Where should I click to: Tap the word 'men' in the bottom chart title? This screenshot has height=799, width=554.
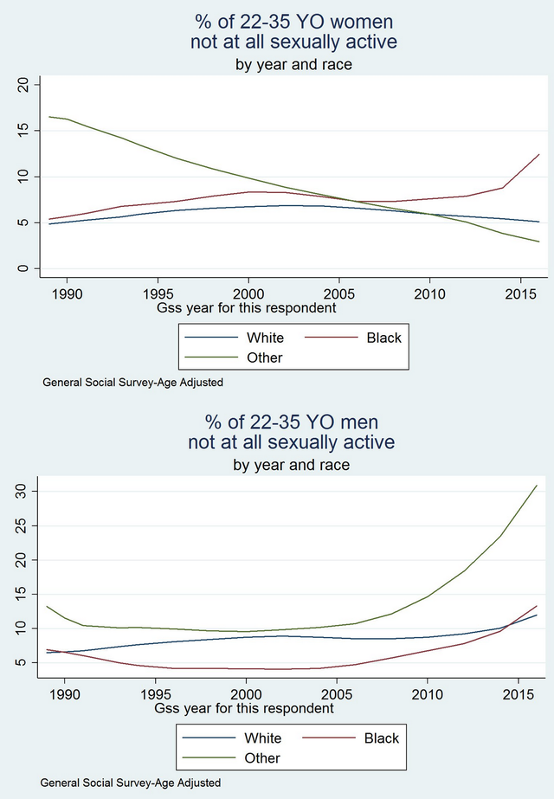(x=360, y=422)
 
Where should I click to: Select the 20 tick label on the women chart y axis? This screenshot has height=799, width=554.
(x=23, y=85)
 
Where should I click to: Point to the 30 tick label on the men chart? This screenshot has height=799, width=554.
(x=21, y=491)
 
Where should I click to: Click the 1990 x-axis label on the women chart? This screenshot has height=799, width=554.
(x=67, y=294)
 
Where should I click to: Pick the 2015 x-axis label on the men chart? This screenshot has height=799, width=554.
(x=519, y=695)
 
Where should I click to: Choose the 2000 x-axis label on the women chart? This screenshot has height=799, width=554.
(x=248, y=294)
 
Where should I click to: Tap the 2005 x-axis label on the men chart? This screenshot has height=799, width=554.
(x=337, y=695)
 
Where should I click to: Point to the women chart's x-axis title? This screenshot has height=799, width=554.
(x=246, y=308)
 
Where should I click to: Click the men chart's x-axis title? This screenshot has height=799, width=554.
(x=244, y=709)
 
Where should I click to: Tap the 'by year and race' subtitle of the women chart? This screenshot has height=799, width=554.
(x=293, y=65)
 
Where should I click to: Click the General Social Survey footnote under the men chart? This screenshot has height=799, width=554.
(x=131, y=783)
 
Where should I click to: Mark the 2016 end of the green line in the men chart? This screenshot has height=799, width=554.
(x=537, y=486)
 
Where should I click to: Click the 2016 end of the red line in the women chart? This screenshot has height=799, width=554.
(x=538, y=154)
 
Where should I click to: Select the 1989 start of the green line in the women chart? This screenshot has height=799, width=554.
(x=49, y=117)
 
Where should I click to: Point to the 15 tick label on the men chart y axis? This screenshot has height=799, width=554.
(x=21, y=594)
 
